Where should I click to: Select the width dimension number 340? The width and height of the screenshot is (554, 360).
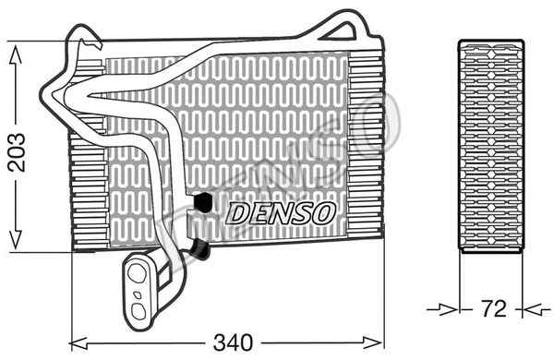(234, 342)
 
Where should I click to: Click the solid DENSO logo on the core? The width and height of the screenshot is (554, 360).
(281, 213)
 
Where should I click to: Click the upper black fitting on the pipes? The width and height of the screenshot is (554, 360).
(201, 201)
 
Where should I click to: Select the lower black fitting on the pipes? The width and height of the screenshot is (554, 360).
(200, 247)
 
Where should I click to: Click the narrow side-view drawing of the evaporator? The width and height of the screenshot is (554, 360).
(490, 148)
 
